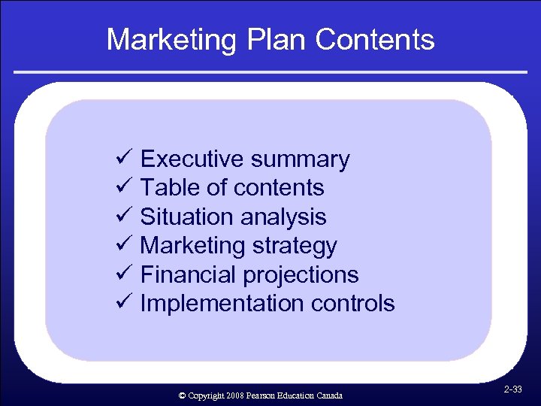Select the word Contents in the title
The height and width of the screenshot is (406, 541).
pos(375,39)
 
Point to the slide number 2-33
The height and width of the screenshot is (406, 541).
pos(513,390)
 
